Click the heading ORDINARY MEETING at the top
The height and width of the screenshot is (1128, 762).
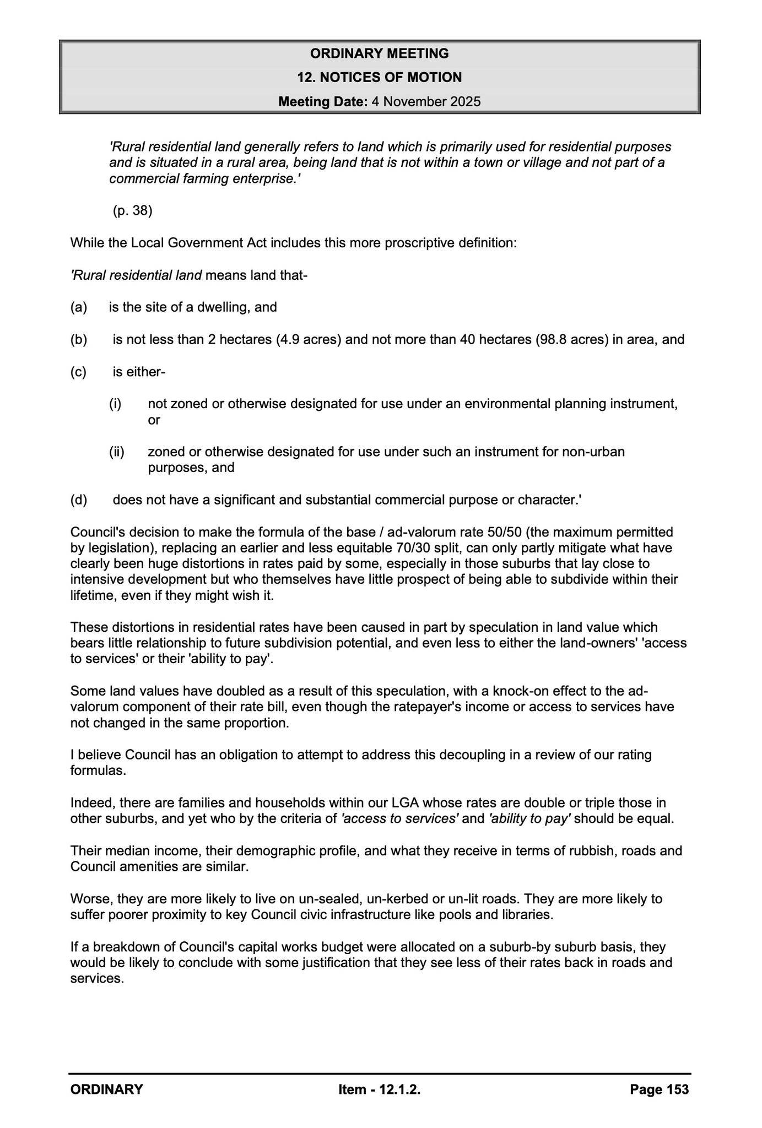click(x=379, y=53)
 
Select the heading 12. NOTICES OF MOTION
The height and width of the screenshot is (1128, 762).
click(x=379, y=78)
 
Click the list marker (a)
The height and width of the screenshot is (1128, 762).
click(x=79, y=307)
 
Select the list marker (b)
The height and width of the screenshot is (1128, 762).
click(x=79, y=339)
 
